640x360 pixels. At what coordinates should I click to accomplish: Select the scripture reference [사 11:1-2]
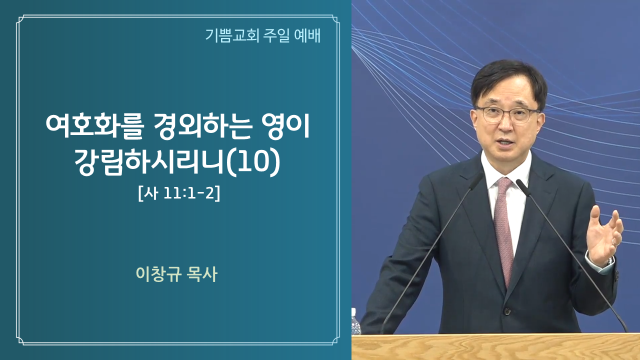coord(179,194)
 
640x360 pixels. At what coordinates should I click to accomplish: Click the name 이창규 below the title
coord(158,274)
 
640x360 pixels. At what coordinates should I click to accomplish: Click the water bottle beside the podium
coord(355,321)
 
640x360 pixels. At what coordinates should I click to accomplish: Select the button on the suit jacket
coord(506,310)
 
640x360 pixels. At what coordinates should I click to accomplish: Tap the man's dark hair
coord(508,80)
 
